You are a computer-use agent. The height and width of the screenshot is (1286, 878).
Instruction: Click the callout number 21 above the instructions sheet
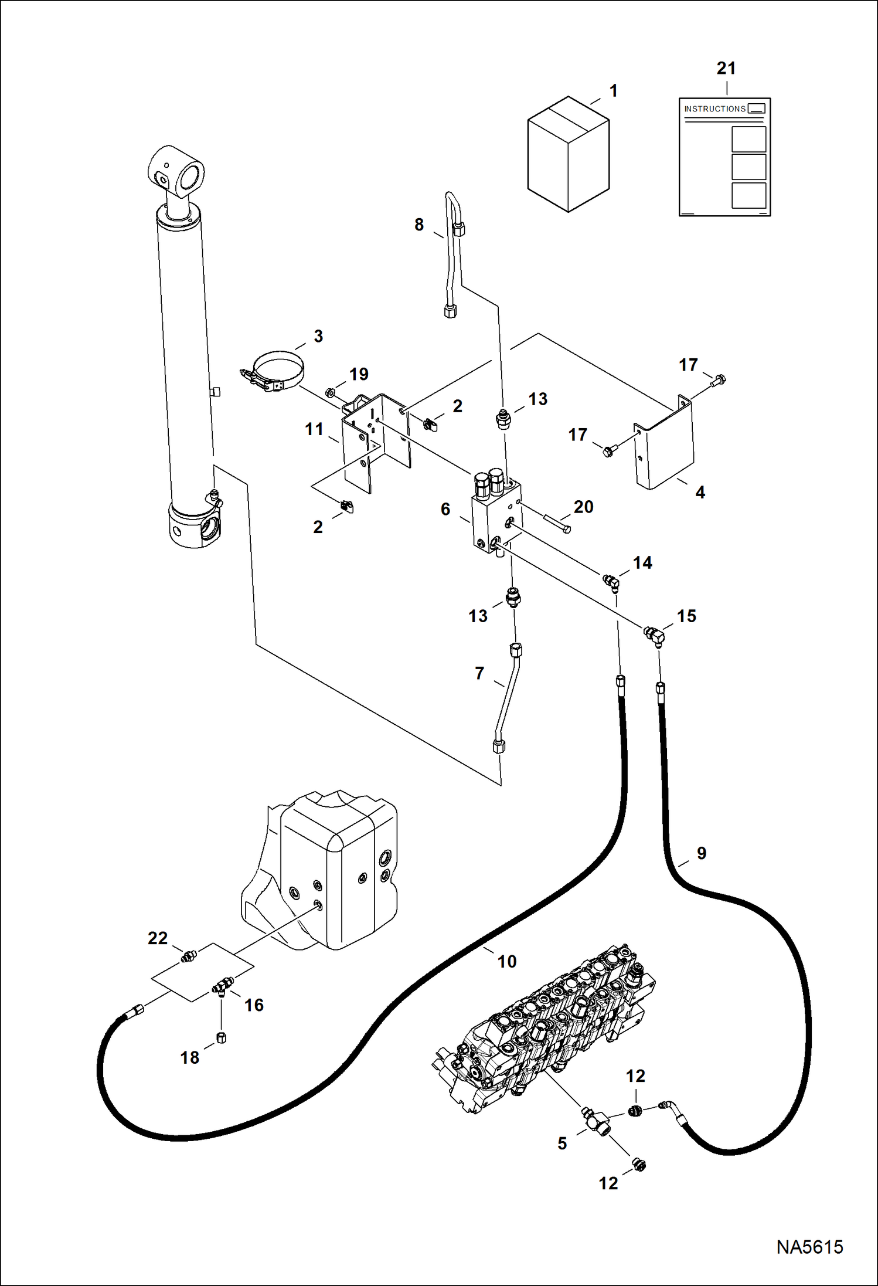click(726, 69)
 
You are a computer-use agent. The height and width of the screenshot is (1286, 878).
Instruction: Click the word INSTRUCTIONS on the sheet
click(714, 109)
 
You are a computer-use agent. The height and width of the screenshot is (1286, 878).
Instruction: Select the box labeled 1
click(568, 154)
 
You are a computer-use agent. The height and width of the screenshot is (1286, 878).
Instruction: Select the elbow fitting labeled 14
click(611, 581)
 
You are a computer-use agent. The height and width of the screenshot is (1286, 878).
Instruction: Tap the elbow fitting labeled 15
click(654, 634)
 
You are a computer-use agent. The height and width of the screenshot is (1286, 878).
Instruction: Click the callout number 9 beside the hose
click(701, 853)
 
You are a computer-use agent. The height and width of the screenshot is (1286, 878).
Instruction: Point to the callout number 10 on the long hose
click(507, 961)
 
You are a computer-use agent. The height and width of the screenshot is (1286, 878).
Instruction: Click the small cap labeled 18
click(221, 1038)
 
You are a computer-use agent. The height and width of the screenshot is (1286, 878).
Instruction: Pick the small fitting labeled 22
click(189, 956)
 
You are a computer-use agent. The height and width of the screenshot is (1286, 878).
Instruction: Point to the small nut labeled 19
click(331, 392)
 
